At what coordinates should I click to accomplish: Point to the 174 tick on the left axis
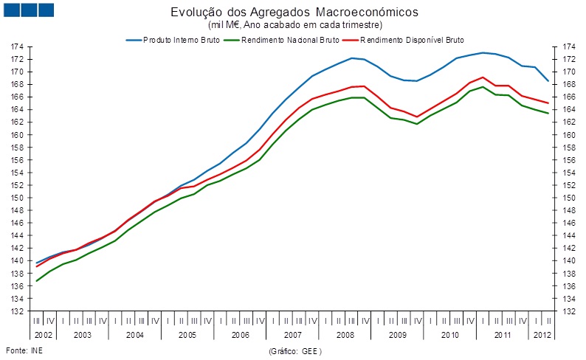[x=15, y=46]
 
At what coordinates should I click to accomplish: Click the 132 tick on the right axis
[x=569, y=311]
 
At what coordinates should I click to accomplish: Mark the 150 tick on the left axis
[x=15, y=198]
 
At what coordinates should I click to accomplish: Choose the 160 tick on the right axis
[x=569, y=135]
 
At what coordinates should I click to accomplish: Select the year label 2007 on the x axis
[x=291, y=335]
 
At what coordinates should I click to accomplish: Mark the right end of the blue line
[x=547, y=80]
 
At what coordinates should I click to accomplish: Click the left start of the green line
[x=36, y=281]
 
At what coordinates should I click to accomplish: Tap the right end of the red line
[x=547, y=103]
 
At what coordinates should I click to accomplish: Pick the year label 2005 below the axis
[x=187, y=335]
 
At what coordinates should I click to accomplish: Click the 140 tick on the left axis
[x=15, y=261]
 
